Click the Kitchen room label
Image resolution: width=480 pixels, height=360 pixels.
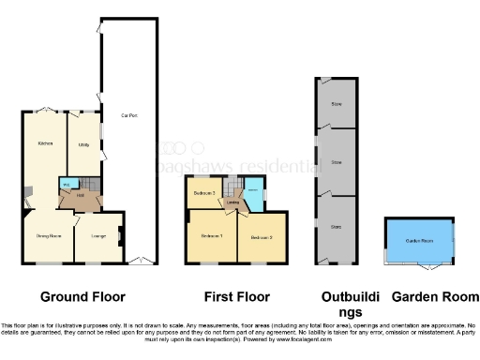click(x=44, y=143)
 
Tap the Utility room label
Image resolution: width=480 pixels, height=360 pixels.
click(x=83, y=145)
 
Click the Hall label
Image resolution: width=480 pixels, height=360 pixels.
click(x=82, y=195)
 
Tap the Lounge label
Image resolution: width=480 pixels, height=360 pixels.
click(x=97, y=235)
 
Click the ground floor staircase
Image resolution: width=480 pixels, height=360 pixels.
click(x=87, y=183)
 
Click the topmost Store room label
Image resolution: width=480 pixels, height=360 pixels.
click(x=337, y=103)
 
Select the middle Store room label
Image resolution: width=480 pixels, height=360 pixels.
click(x=337, y=162)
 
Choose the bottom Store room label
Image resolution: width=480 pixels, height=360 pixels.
click(x=337, y=226)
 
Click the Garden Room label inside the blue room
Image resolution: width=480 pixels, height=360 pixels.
click(x=419, y=241)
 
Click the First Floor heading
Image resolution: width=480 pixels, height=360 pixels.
click(x=236, y=296)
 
